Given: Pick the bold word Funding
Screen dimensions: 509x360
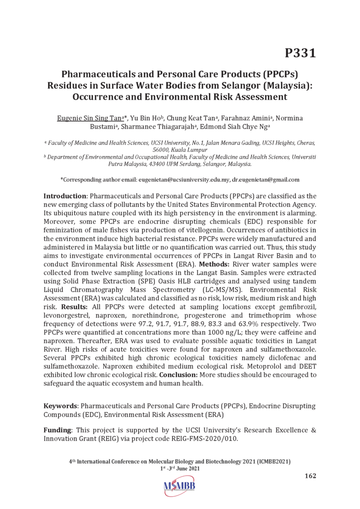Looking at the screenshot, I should (x=57, y=430).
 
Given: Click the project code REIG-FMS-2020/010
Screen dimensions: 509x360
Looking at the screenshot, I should (x=202, y=438).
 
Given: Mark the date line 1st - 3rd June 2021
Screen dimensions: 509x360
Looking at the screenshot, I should (x=180, y=468).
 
